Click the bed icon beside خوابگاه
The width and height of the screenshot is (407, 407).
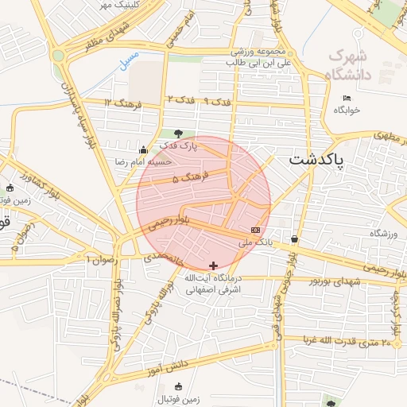(345, 98)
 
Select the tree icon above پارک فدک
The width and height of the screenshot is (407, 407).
(177, 134)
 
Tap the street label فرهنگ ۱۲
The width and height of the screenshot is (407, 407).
(122, 103)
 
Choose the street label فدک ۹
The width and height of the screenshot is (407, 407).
(216, 102)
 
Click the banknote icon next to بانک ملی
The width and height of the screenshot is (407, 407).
(254, 230)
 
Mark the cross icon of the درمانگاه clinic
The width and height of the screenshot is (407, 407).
(212, 265)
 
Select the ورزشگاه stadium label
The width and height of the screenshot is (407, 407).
(381, 234)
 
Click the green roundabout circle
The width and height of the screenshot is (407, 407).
(58, 56)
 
